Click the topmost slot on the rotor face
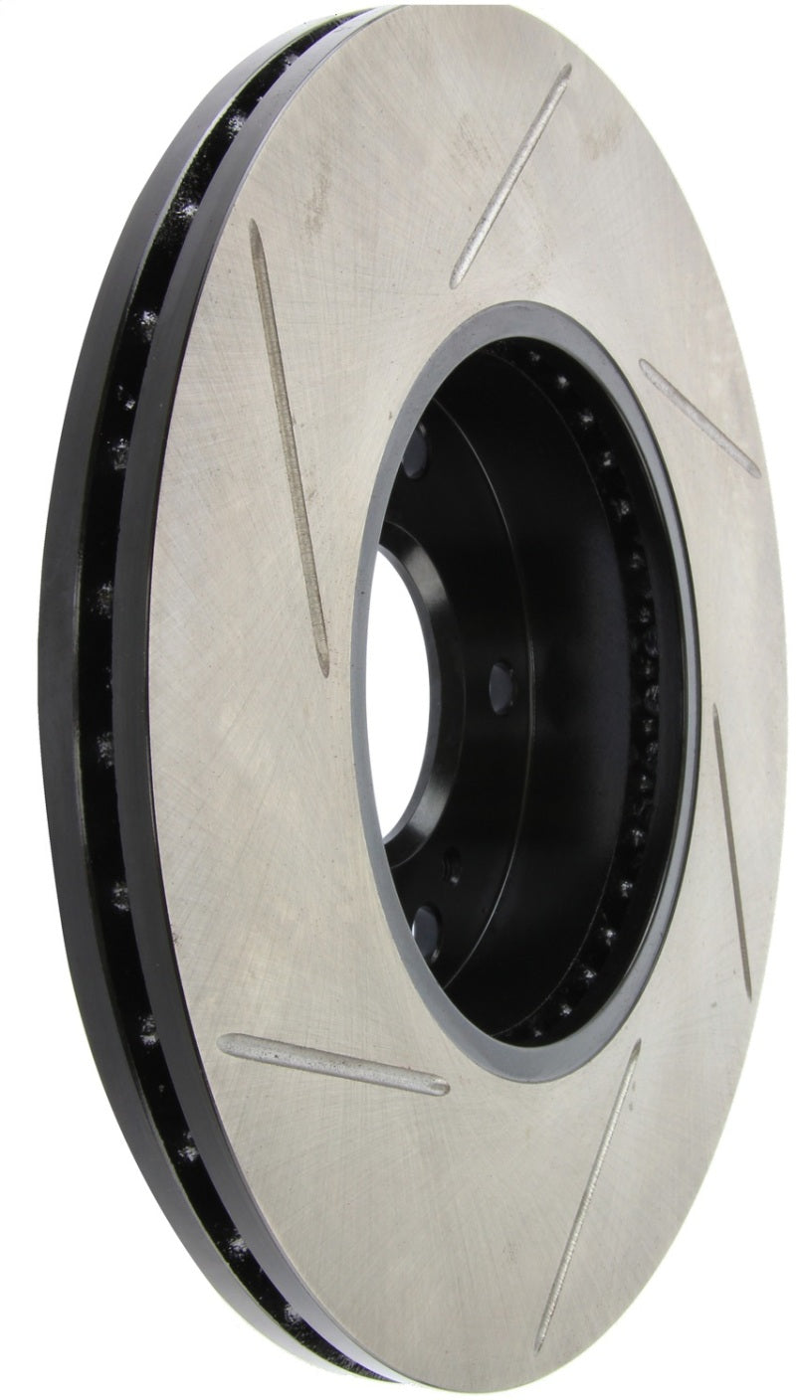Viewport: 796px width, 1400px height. [510, 177]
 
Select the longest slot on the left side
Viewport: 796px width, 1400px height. [288, 447]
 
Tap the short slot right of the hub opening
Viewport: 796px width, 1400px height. [698, 417]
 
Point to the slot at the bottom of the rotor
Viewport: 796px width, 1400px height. [587, 1193]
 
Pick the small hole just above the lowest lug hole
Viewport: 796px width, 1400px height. [453, 863]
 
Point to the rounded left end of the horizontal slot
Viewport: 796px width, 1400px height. [227, 1044]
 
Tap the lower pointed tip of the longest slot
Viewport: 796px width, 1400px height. [320, 666]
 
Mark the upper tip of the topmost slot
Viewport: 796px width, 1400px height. [566, 72]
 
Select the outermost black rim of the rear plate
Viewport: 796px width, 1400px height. [55, 696]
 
